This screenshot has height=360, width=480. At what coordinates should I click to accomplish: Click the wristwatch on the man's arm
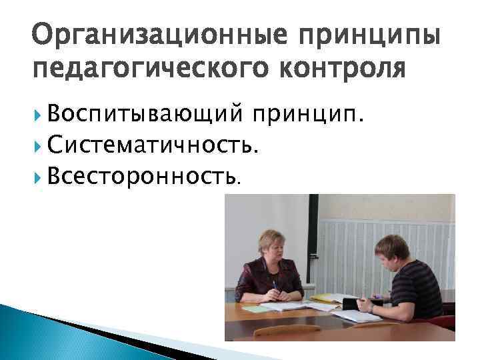point(372,309)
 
